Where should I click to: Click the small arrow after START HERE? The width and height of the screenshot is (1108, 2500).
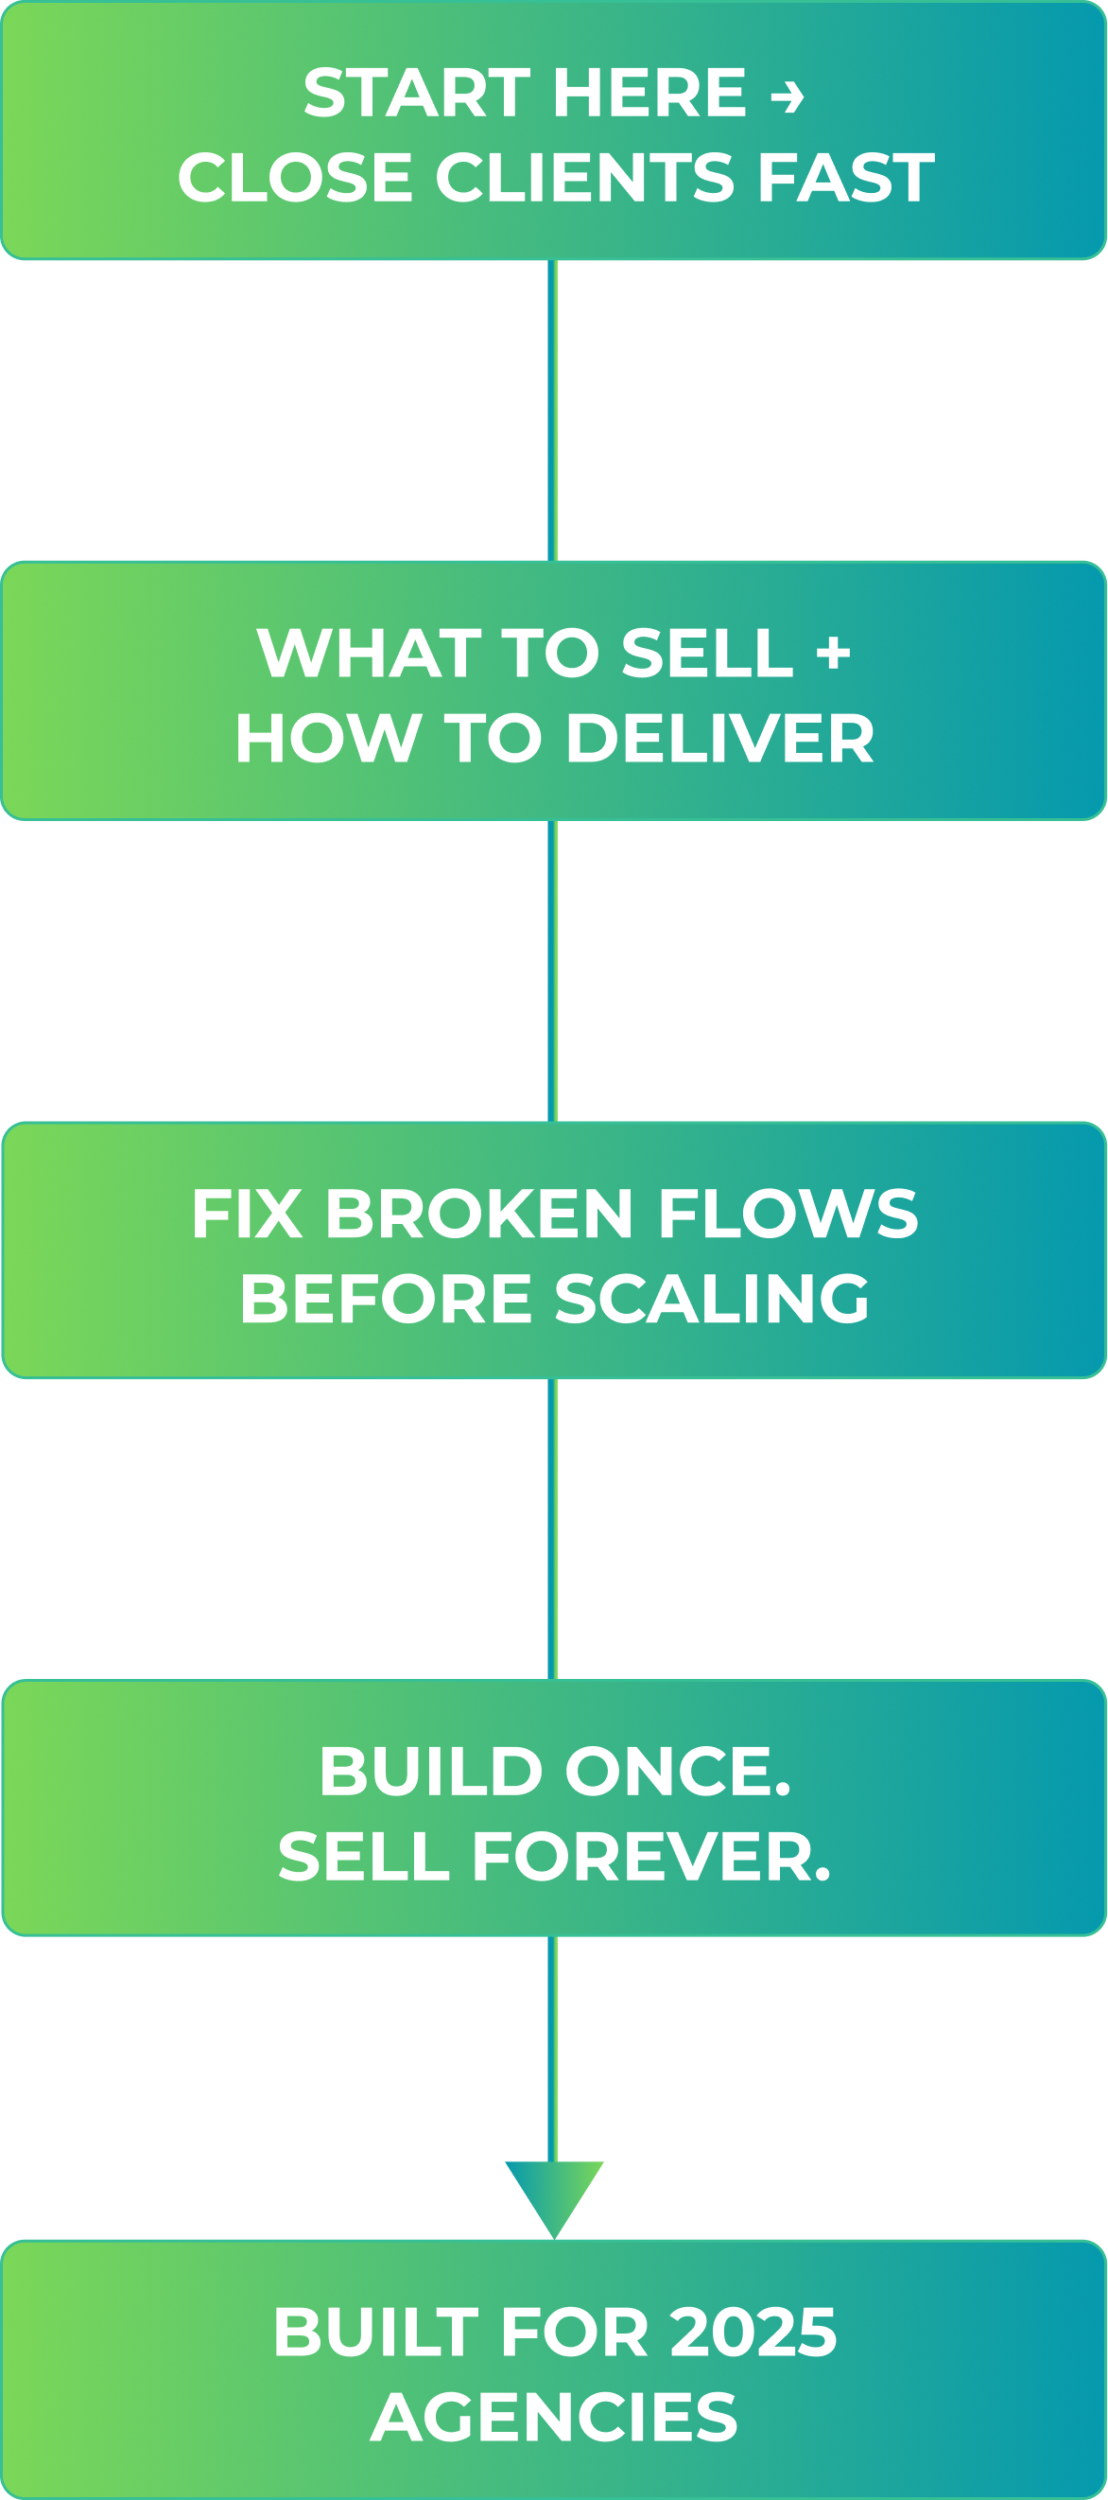[x=787, y=96]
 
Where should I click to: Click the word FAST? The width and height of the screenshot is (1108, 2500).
[x=845, y=179]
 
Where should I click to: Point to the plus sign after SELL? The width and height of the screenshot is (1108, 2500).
[x=833, y=654]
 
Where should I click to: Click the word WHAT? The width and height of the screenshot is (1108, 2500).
[x=369, y=654]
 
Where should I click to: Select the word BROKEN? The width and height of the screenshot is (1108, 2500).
[x=479, y=1214]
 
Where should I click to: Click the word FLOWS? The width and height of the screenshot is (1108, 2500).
[x=788, y=1214]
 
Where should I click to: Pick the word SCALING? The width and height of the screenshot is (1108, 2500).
[x=712, y=1299]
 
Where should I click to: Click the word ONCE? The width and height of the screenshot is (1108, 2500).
[x=677, y=1771]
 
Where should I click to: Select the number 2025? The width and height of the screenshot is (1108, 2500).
[x=753, y=2333]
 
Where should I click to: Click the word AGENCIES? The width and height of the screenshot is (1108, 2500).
[x=554, y=2418]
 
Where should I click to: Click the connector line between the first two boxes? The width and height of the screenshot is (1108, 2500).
[x=552, y=410]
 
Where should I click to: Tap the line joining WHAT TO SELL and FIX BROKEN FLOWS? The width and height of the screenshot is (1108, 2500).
[x=552, y=970]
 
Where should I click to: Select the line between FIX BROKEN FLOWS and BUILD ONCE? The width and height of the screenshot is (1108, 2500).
[x=552, y=1529]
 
